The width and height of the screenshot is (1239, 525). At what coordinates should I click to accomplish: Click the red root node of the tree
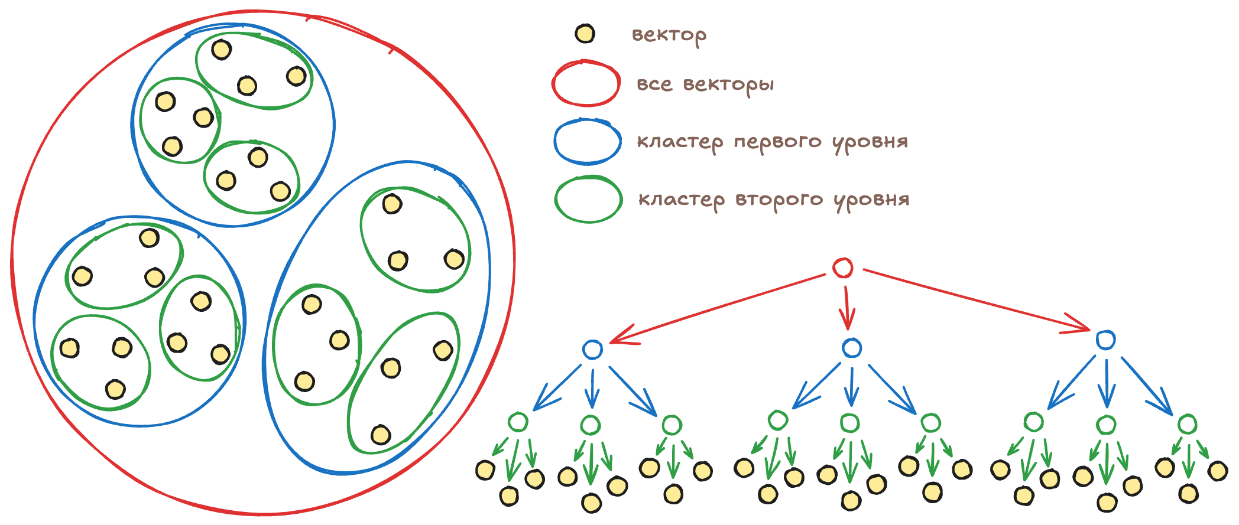(842, 268)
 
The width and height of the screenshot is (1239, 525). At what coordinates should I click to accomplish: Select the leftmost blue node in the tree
(592, 350)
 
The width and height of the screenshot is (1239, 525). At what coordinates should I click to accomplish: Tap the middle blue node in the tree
(851, 348)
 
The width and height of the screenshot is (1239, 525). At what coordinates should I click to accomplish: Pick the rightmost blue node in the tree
(1105, 340)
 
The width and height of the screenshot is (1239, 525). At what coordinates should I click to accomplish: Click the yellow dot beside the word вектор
(585, 34)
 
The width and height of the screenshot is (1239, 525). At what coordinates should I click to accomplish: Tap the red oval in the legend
(586, 83)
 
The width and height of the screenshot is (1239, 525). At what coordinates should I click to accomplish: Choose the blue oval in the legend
(587, 142)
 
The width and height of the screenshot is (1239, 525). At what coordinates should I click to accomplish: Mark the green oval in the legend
(588, 200)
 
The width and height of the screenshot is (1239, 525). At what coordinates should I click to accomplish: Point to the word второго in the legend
(779, 200)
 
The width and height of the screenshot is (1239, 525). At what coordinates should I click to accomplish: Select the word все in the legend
(654, 84)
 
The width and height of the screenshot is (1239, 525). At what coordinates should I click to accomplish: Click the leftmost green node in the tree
(518, 422)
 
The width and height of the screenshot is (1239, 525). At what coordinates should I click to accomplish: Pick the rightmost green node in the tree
(1187, 424)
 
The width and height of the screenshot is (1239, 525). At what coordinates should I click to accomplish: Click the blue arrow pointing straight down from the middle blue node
(851, 387)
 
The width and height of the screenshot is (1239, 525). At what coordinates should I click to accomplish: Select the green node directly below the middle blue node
(849, 423)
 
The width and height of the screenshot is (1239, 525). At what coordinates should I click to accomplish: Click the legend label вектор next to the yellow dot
(669, 35)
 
